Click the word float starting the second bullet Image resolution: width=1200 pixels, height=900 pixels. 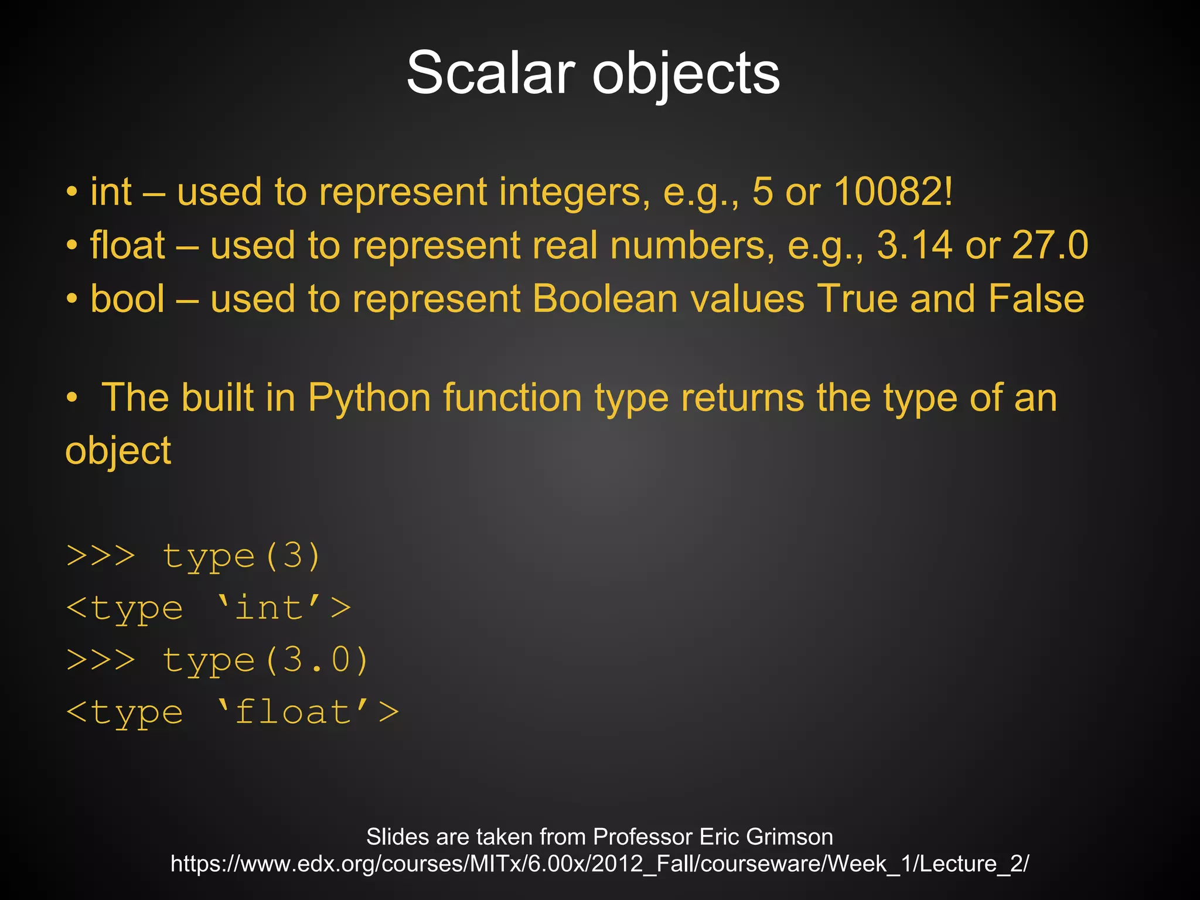[x=128, y=244]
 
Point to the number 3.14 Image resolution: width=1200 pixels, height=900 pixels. [x=914, y=244]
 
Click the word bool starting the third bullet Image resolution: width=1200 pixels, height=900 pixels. [x=128, y=298]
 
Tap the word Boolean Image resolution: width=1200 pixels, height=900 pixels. [x=605, y=298]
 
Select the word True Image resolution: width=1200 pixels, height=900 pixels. [x=857, y=298]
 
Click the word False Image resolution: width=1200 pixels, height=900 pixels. [x=1036, y=298]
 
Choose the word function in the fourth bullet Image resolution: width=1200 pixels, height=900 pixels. [x=512, y=397]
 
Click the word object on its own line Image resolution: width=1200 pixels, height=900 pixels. [x=118, y=451]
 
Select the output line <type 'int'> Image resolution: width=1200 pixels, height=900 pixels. [x=209, y=608]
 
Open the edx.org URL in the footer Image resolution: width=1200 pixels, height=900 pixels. [x=599, y=864]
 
